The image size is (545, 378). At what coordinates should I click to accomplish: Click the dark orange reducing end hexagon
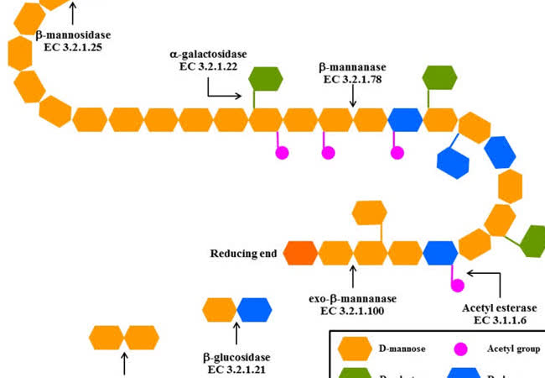(301, 252)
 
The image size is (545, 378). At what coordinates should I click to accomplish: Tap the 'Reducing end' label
(244, 252)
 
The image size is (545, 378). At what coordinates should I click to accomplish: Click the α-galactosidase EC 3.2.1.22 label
(208, 60)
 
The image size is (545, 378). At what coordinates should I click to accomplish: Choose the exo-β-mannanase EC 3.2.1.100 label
(352, 304)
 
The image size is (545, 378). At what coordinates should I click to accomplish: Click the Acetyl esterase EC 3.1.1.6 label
(499, 314)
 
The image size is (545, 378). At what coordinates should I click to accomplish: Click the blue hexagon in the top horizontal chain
(405, 118)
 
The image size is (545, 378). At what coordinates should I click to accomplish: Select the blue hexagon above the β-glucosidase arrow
(254, 310)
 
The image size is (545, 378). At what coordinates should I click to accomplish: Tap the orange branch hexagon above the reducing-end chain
(369, 213)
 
